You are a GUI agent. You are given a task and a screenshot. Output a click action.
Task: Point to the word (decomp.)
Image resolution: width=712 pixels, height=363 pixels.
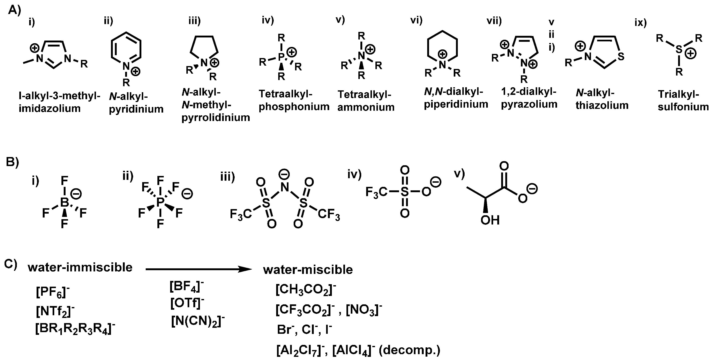409,350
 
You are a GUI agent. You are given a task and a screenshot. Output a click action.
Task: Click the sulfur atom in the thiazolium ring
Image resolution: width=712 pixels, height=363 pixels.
621,57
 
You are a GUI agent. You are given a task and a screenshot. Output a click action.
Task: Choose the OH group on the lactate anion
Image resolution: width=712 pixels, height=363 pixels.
490,220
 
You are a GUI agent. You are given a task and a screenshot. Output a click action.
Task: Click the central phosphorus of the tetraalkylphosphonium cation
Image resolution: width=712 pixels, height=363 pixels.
281,57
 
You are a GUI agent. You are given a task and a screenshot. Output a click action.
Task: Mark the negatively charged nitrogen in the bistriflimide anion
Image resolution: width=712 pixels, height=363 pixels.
284,187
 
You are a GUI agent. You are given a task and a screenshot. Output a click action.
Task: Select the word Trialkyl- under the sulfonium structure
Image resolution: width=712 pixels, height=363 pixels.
678,94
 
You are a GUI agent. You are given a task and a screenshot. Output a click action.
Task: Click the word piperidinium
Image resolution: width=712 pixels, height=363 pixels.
456,104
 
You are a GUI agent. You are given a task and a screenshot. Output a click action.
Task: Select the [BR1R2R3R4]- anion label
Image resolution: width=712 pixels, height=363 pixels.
75,329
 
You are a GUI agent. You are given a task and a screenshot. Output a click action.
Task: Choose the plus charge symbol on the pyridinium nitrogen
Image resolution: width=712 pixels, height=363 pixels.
135,72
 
